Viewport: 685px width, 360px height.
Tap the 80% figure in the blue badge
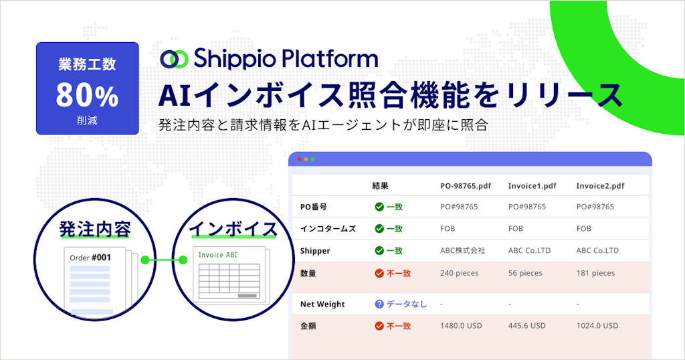[87, 96]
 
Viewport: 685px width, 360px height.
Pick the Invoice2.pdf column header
[600, 185]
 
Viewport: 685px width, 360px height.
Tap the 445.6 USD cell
[527, 326]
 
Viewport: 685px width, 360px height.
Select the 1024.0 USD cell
[597, 326]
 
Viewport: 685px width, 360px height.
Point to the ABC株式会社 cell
[463, 250]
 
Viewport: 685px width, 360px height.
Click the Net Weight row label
[322, 304]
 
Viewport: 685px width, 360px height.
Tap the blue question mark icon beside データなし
[379, 304]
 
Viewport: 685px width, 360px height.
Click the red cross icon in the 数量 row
[379, 273]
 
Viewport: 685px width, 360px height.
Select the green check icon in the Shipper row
[379, 250]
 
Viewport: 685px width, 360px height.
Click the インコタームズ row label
[328, 228]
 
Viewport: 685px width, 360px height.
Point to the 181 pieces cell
[595, 273]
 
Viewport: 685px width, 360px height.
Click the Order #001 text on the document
[90, 257]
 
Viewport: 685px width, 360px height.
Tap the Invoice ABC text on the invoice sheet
[218, 255]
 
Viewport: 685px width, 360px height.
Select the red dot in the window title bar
[299, 159]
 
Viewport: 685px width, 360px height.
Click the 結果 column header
[380, 185]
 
